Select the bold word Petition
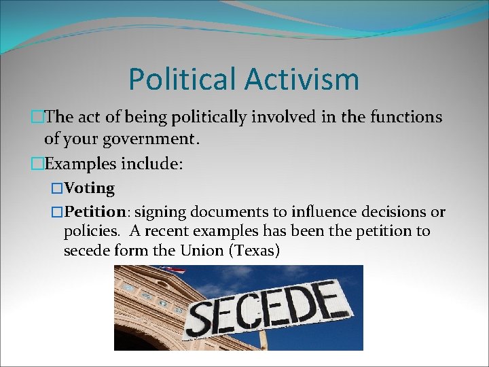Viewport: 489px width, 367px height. click(92, 211)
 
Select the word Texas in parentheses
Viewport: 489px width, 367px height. click(255, 251)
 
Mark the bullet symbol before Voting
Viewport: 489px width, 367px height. click(57, 188)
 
